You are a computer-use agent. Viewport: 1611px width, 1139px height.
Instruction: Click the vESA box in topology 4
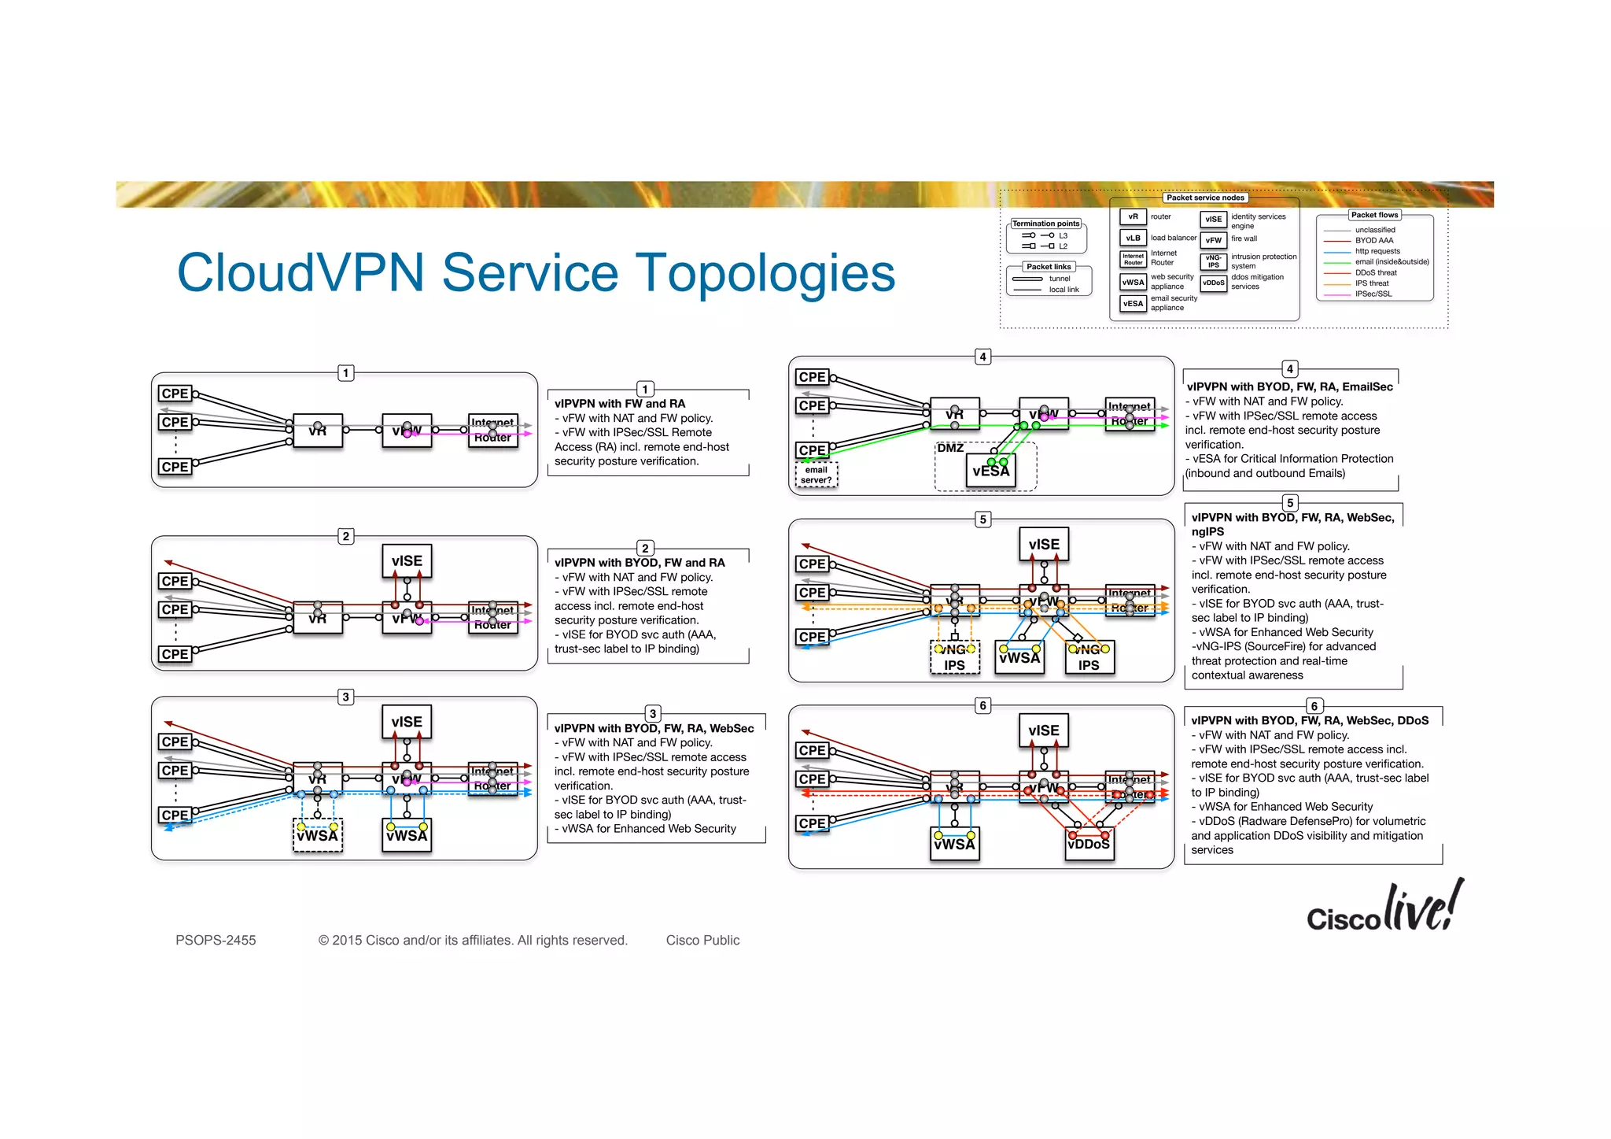990,471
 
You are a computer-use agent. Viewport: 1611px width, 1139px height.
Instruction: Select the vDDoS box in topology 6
1089,844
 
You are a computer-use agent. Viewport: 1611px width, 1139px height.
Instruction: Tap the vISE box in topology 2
407,560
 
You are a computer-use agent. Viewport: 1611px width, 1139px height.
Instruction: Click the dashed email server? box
816,475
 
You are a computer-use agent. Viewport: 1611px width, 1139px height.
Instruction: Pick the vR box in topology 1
317,431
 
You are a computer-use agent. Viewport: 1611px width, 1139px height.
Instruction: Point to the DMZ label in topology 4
950,448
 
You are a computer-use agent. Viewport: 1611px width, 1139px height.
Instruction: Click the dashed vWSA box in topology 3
317,836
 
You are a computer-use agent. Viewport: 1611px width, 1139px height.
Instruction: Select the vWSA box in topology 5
1019,657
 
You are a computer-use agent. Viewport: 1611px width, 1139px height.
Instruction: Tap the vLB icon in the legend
1133,238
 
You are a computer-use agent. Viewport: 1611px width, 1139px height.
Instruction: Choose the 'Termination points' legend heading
1045,224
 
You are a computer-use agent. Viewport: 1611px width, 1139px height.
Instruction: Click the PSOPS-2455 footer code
216,940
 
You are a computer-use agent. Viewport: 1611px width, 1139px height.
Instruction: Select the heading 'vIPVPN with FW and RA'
620,404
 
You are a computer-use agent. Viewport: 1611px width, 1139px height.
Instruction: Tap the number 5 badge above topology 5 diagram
982,520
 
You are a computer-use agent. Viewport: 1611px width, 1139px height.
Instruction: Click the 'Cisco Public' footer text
702,940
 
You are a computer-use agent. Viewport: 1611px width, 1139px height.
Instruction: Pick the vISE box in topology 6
1043,730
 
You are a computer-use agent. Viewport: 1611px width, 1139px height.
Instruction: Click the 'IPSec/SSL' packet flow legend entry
1373,294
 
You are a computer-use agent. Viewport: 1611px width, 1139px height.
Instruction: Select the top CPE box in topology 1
175,394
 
